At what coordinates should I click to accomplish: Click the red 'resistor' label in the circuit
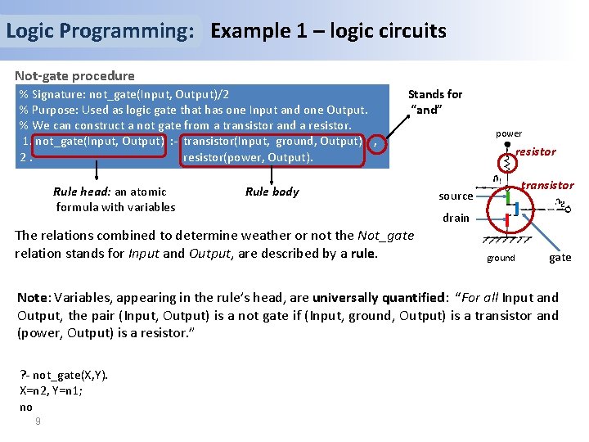[x=535, y=151]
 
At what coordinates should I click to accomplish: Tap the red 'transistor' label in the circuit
[x=547, y=186]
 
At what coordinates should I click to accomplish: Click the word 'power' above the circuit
[x=508, y=133]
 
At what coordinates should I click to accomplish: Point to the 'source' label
[x=456, y=196]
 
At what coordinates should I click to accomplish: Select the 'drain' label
[x=456, y=218]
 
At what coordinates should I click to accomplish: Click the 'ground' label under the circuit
[x=501, y=258]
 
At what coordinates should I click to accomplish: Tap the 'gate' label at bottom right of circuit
[x=560, y=258]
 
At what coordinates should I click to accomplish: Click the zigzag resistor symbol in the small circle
[x=506, y=163]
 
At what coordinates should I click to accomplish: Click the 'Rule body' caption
[x=272, y=192]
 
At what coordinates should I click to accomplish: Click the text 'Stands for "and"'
[x=434, y=102]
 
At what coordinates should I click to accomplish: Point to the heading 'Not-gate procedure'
[x=74, y=75]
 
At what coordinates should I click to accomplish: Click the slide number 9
[x=38, y=421]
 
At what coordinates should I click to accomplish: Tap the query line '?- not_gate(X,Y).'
[x=63, y=376]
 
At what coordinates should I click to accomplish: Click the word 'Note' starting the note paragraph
[x=34, y=298]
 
